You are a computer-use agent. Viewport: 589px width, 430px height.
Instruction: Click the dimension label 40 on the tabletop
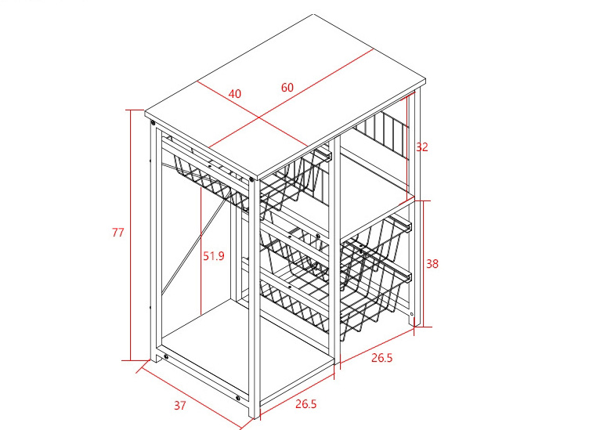235,93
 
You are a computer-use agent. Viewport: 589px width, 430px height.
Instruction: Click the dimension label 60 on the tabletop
287,88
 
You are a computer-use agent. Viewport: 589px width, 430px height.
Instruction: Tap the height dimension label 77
117,233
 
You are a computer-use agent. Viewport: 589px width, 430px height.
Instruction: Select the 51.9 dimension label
213,256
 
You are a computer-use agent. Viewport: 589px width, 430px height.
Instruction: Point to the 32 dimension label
422,146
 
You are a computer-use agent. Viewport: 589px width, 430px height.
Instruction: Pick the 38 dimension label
432,264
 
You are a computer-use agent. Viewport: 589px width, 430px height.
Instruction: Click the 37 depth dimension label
179,406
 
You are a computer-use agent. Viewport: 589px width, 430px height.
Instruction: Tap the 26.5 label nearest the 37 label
305,404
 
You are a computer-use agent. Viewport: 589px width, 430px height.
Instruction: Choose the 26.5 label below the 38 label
381,358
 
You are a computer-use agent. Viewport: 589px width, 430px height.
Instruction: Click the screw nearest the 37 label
237,398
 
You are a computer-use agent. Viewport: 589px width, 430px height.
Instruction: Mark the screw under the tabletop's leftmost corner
153,122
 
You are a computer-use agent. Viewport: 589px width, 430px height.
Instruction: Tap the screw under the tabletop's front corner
251,179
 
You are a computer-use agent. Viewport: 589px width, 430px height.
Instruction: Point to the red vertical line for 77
131,235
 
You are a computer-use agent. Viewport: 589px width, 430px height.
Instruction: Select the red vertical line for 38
423,264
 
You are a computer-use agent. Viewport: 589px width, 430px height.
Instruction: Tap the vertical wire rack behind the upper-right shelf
381,136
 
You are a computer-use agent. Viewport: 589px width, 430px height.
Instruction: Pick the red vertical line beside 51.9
201,251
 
